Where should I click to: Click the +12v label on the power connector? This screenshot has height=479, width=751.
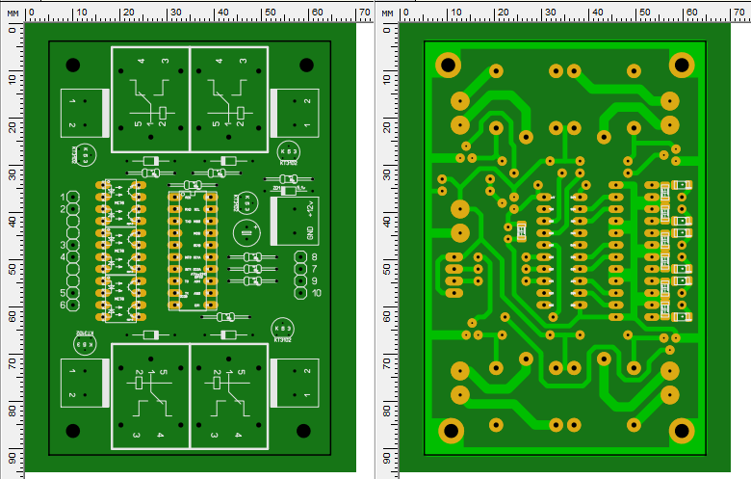coord(310,210)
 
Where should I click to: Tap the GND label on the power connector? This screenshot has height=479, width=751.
coord(310,232)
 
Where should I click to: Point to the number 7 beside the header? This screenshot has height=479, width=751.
coord(314,269)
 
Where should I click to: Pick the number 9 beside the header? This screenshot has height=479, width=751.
coord(314,280)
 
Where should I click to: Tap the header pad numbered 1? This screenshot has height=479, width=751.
coord(73,198)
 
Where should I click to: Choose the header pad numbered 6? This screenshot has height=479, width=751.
coord(73,305)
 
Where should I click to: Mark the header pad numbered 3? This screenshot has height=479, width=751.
coord(73,245)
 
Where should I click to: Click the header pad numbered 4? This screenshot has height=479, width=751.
coord(73,257)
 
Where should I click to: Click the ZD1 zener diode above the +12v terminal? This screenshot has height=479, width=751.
coord(286,190)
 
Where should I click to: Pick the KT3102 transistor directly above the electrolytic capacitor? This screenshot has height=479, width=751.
coord(248,203)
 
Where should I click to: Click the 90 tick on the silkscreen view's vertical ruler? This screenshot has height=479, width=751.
coord(13,457)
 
